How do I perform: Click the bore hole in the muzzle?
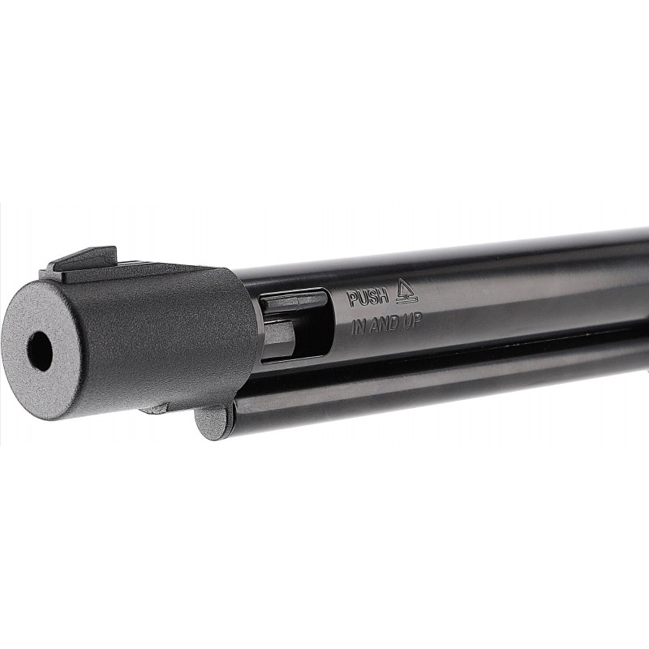coord(40,351)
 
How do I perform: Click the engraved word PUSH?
coord(368,297)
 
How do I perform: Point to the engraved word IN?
coord(359,327)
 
